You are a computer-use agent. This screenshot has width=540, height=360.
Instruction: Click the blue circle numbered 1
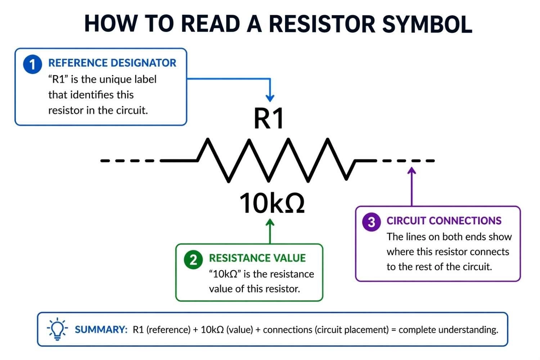click(32, 64)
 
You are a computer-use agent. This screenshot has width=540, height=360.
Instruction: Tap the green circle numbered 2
click(193, 260)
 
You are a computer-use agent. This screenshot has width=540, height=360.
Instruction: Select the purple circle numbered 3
click(371, 222)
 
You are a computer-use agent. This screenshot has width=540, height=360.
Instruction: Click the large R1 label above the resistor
click(269, 118)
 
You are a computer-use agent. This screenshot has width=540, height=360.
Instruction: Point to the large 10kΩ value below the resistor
click(272, 203)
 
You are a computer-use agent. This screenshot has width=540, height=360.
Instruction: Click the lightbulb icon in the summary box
click(57, 329)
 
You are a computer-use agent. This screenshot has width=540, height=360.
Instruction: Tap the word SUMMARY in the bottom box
click(101, 330)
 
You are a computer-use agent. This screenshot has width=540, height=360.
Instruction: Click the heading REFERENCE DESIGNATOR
click(112, 63)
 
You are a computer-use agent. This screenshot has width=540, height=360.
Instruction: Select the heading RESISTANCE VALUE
click(257, 258)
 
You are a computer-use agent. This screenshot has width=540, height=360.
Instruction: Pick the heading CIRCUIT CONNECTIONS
click(444, 221)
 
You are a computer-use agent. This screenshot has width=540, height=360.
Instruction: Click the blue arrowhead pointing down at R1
click(270, 98)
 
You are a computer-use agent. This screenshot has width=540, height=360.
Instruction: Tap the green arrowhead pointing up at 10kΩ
click(270, 223)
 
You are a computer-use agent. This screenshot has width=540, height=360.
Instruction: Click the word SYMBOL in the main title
click(427, 24)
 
